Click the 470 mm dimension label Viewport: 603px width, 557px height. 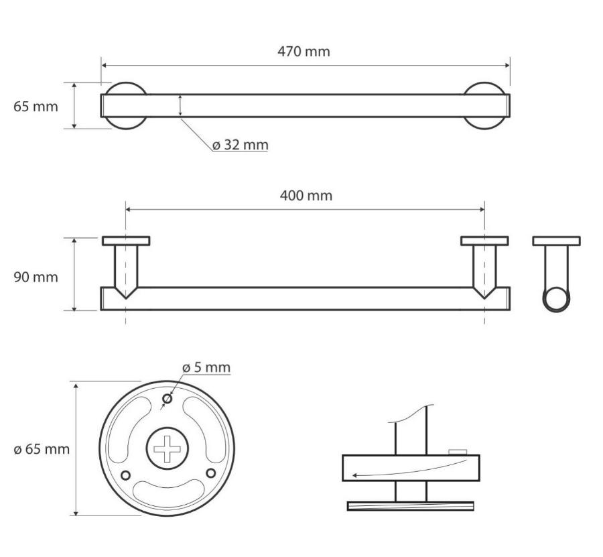point(304,52)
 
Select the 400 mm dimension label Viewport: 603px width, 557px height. point(306,196)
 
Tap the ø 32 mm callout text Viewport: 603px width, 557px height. point(241,145)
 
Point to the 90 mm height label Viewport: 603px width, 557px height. point(36,277)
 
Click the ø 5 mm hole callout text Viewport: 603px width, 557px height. point(206,368)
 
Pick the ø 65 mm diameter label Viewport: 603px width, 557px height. point(42,449)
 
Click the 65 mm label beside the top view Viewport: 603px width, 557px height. point(36,107)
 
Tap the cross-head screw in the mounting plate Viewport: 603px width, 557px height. point(167,448)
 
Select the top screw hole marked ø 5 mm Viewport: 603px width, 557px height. point(167,399)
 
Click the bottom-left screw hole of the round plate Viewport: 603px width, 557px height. point(125,475)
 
